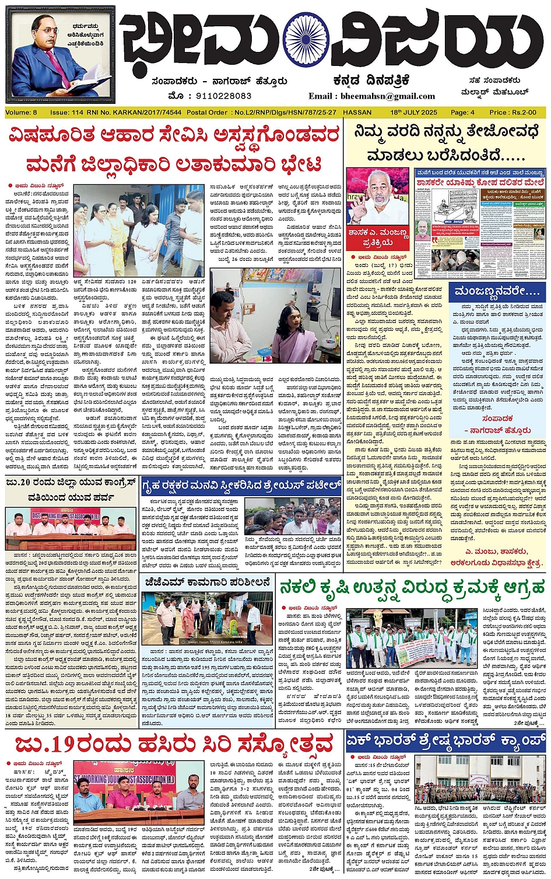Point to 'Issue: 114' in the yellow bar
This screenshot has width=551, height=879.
click(67, 112)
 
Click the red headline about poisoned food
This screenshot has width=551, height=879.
click(174, 149)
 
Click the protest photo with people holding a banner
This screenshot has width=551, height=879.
click(411, 639)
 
